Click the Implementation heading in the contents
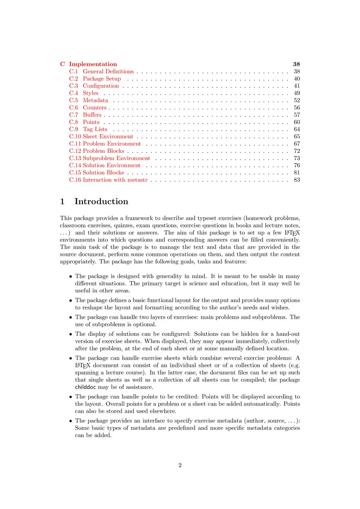(93, 64)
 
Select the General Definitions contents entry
(108, 71)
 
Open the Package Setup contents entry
(102, 79)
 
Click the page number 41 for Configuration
(297, 86)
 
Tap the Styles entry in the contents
(90, 93)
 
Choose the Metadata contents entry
(95, 100)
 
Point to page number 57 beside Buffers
(297, 115)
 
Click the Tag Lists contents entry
(95, 129)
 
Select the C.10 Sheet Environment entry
(101, 136)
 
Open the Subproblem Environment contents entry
(117, 158)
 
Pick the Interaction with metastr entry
(116, 180)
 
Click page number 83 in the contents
(297, 180)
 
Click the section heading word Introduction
(101, 201)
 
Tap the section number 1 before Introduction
(63, 201)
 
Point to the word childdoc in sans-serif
(85, 387)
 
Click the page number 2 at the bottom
(180, 465)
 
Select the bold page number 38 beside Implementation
(296, 64)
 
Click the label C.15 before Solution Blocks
(75, 173)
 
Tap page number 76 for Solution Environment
(297, 165)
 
